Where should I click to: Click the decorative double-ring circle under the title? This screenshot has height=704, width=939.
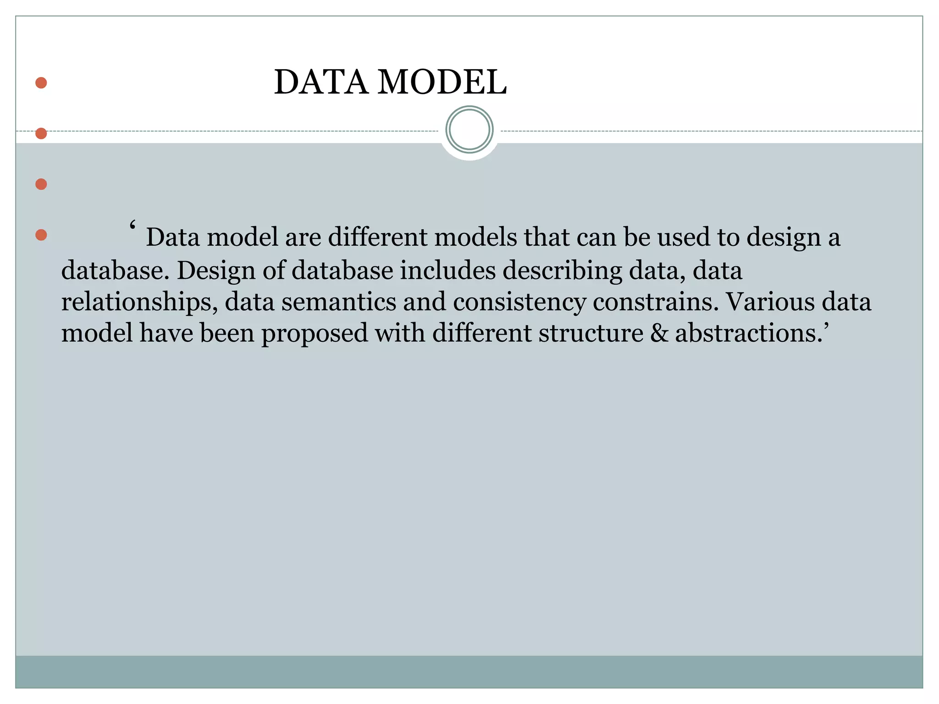point(469,130)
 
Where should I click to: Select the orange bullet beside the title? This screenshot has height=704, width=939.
point(41,83)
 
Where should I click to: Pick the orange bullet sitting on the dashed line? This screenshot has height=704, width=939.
point(41,133)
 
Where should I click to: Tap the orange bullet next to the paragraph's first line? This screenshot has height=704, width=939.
point(41,235)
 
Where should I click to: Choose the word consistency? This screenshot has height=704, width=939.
point(519,302)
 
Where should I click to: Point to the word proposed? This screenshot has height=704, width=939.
point(315,334)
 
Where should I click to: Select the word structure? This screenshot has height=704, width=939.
point(591,333)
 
